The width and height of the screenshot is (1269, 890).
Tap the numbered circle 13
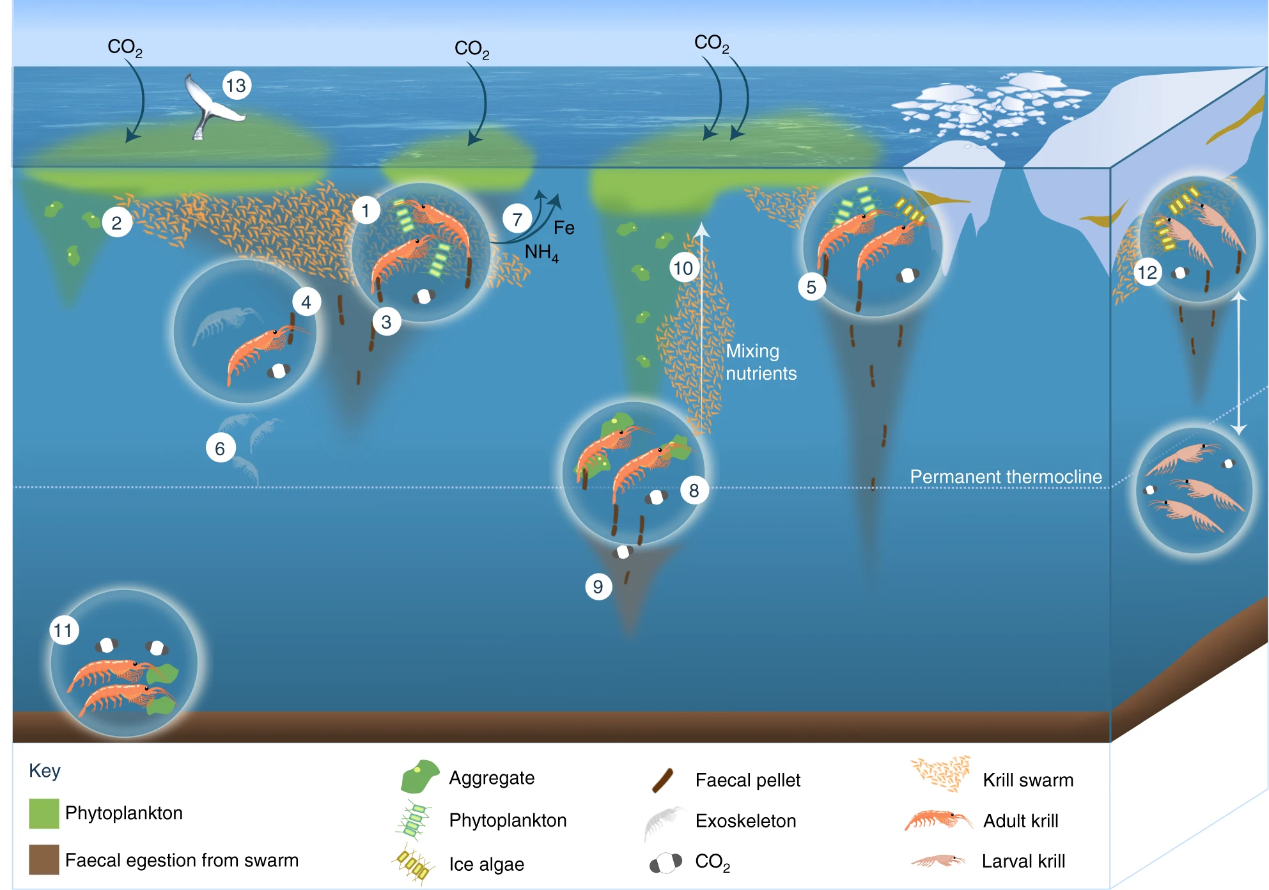(236, 86)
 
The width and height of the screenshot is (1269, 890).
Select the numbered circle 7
(517, 219)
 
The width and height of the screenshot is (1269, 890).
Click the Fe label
(564, 228)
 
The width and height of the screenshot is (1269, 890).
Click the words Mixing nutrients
(761, 362)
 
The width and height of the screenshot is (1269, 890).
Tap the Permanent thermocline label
(1006, 476)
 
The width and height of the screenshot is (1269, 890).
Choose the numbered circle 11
(64, 630)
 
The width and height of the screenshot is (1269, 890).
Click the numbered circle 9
(598, 586)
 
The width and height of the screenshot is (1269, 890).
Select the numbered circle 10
(683, 268)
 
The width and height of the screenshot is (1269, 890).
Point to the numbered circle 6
(220, 448)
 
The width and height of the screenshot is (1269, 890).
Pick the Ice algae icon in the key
(413, 865)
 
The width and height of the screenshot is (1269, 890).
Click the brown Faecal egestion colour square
(43, 859)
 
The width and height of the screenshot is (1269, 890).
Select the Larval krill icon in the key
(937, 861)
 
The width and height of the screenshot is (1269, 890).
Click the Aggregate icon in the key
(419, 776)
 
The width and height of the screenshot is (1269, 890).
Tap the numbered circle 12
(1147, 273)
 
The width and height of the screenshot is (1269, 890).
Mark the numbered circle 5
(811, 287)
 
